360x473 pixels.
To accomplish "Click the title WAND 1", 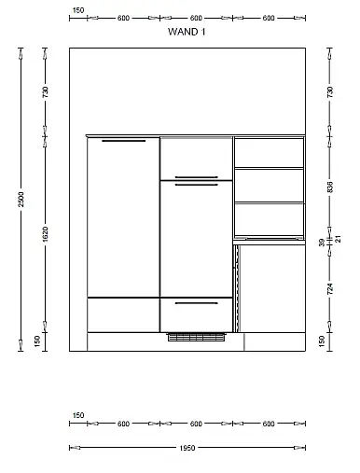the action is pyautogui.click(x=187, y=32).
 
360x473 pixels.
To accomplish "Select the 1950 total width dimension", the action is pyautogui.click(x=187, y=448).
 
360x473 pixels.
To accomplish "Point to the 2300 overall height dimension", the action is pyautogui.click(x=21, y=200).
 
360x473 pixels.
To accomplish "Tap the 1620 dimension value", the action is pyautogui.click(x=46, y=234).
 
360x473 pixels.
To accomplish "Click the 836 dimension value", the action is pyautogui.click(x=330, y=187).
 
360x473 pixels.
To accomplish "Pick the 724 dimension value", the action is pyautogui.click(x=330, y=289).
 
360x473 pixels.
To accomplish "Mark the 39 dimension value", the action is pyautogui.click(x=322, y=243).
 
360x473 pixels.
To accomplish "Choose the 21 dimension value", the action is pyautogui.click(x=339, y=239).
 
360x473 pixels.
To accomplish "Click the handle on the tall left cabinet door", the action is pyautogui.click(x=124, y=141).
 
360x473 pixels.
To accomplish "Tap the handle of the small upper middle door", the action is pyautogui.click(x=197, y=177).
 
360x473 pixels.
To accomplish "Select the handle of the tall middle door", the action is pyautogui.click(x=197, y=185).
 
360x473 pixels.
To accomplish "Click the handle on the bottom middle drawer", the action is pyautogui.click(x=197, y=303).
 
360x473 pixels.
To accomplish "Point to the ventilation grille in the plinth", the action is pyautogui.click(x=197, y=337).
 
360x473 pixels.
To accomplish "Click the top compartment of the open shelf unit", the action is pyautogui.click(x=269, y=153).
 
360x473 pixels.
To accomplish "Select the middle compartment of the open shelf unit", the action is pyautogui.click(x=269, y=186).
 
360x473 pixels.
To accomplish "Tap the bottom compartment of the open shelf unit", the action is pyautogui.click(x=269, y=219).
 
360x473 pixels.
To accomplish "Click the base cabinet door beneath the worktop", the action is pyautogui.click(x=272, y=288).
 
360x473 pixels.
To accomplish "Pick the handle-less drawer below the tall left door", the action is pyautogui.click(x=123, y=315).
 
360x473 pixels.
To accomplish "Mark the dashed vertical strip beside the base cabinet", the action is pyautogui.click(x=238, y=288).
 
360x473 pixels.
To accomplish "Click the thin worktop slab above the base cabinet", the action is pyautogui.click(x=269, y=242).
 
